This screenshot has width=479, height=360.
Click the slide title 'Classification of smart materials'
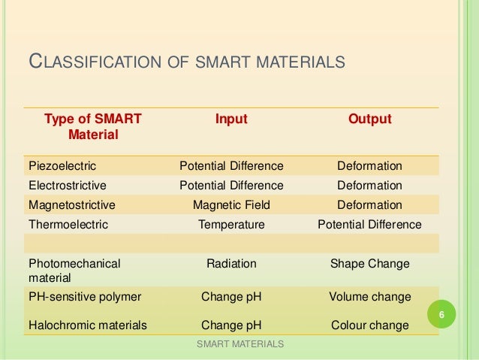pos(186,60)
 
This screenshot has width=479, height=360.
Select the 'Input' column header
pos(231,119)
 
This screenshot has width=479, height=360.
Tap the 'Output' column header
pos(369,119)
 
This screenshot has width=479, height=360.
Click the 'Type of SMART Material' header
pos(92,127)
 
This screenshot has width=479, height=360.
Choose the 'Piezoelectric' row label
pos(62,166)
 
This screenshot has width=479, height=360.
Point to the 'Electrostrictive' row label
pos(68,186)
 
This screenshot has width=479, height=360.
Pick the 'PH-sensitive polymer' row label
pos(85,297)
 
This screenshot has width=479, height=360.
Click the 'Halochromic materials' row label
pos(86,325)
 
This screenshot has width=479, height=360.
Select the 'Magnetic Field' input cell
pos(231,205)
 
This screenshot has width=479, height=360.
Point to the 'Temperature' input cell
pos(231,225)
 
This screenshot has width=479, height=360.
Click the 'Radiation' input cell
pos(231,264)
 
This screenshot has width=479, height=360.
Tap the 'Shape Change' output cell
pos(369,264)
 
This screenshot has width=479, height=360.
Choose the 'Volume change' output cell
pos(369,297)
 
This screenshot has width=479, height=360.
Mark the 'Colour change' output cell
pos(369,325)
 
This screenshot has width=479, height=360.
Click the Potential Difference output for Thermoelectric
pos(369,225)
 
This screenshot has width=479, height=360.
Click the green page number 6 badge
pos(442,315)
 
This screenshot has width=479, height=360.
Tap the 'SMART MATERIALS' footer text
pos(239,344)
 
